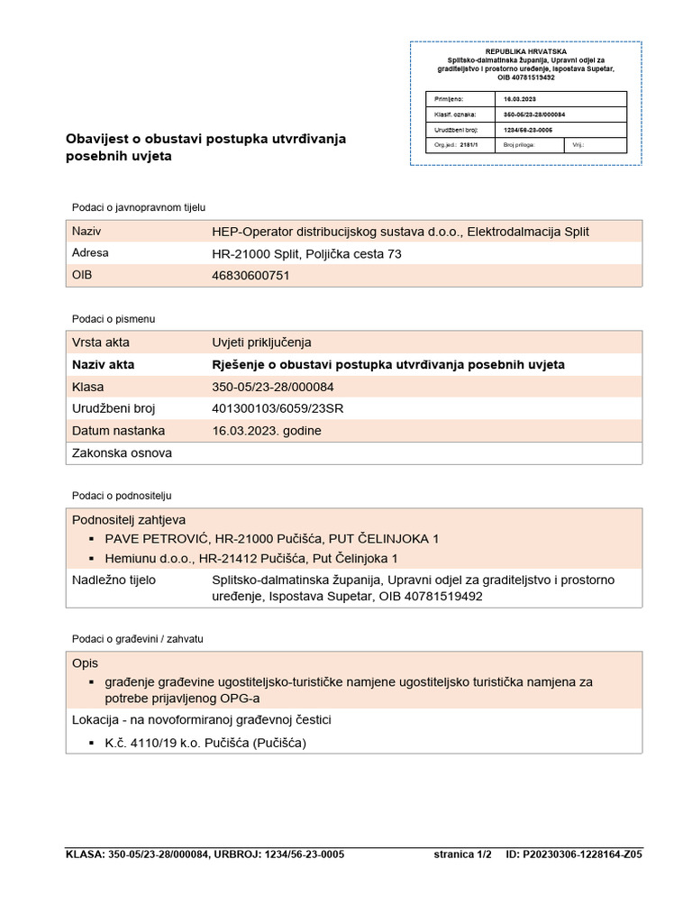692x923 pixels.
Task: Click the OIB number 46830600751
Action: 250,276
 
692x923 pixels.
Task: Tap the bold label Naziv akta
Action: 103,364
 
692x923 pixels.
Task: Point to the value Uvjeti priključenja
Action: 261,343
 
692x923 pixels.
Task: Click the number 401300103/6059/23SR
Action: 278,408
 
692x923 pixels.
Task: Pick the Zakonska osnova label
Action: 122,453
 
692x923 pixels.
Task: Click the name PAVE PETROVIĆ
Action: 154,539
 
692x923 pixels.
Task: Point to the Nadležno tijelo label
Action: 114,580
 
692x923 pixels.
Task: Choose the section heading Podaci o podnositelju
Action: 122,496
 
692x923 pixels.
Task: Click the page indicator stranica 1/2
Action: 462,854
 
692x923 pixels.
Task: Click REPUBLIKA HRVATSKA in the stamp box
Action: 526,52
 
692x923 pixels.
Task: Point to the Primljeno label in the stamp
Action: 448,98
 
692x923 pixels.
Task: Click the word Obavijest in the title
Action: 96,139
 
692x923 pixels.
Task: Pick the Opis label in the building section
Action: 85,663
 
